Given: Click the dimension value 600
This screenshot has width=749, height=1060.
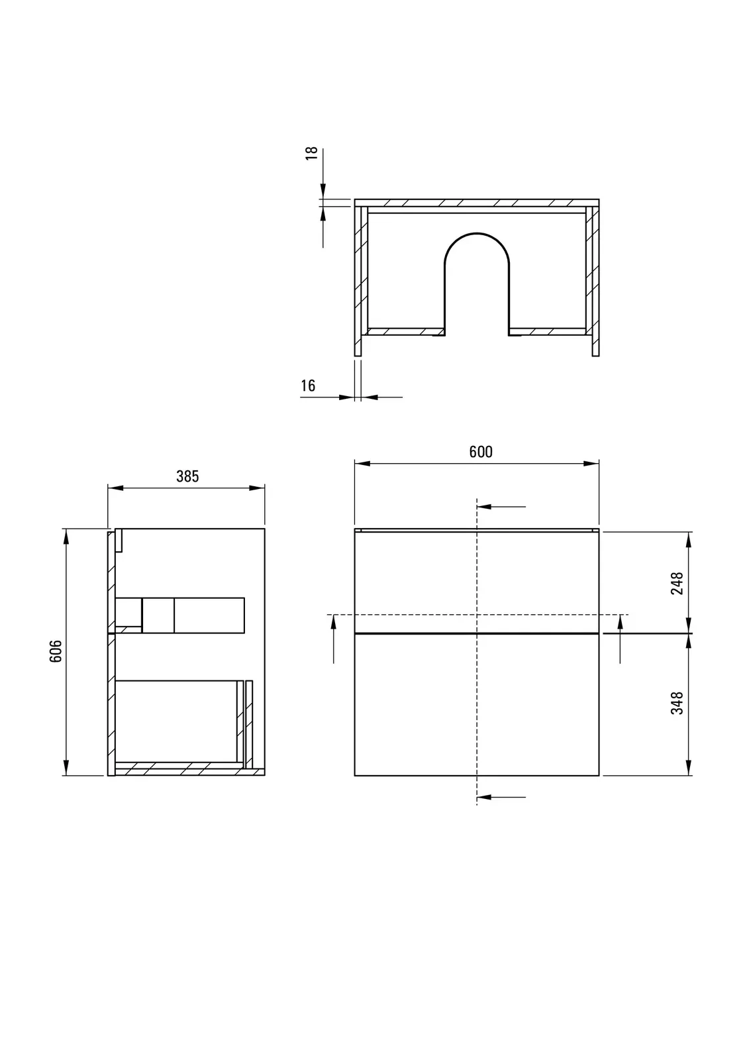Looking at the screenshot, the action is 481,452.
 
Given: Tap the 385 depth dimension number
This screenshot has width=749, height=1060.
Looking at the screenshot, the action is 187,476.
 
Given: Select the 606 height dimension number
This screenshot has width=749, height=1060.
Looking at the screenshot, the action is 56,651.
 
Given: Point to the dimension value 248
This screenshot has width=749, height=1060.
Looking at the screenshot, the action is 677,583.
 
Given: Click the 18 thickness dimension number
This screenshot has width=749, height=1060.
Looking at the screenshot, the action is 312,153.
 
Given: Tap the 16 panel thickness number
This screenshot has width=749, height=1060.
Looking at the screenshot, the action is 308,386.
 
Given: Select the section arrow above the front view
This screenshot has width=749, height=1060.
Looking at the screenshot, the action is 501,507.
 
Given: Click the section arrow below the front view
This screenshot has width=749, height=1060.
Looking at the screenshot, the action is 501,798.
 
